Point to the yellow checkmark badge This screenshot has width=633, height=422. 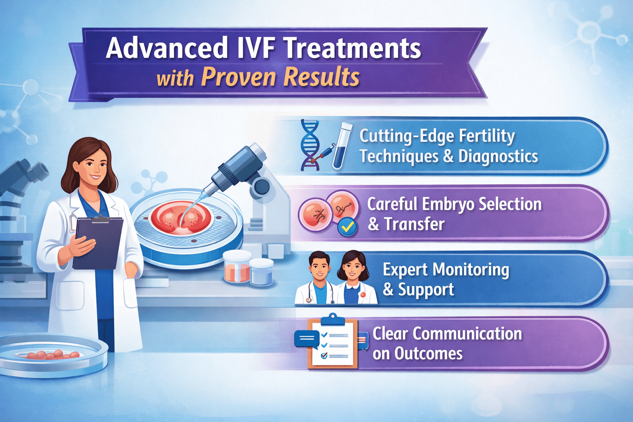[x=347, y=226]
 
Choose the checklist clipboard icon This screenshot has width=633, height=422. [x=333, y=342]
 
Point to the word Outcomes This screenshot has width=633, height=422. [x=428, y=354]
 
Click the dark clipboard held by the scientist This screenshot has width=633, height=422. [x=98, y=243]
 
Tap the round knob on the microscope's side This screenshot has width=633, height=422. [x=260, y=187]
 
